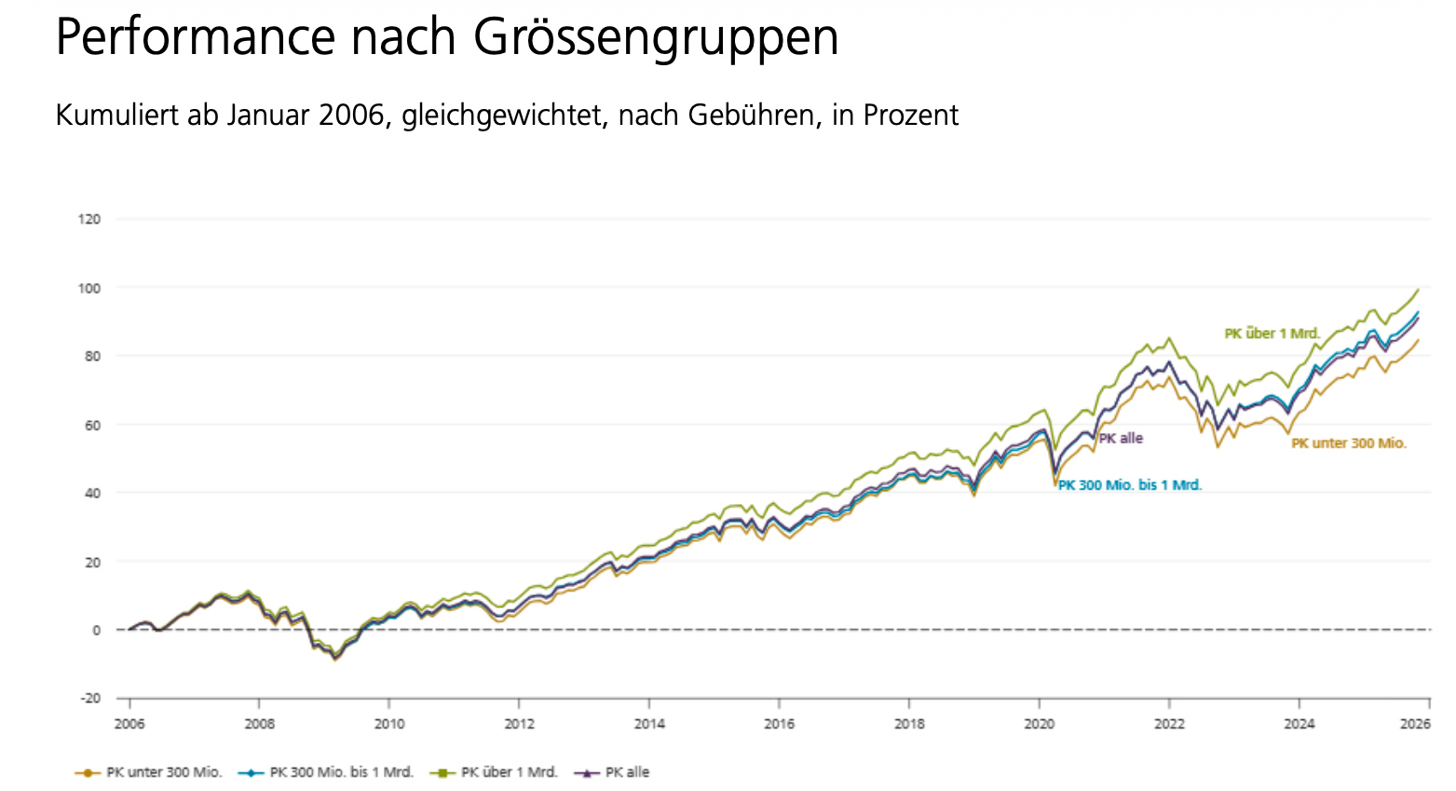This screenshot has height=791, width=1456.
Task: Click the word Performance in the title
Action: (x=194, y=37)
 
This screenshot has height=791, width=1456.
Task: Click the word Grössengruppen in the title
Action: (x=655, y=39)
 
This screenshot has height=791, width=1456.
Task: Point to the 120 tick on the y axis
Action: (x=90, y=219)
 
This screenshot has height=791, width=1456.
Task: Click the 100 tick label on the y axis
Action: (x=90, y=288)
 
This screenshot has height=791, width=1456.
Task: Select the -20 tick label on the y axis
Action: (x=90, y=699)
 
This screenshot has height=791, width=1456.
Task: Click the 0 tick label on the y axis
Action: (x=96, y=631)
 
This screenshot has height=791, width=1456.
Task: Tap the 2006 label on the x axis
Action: (x=129, y=724)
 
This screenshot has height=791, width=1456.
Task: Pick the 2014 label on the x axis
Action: (x=649, y=724)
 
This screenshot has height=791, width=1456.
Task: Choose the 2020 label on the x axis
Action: (x=1039, y=724)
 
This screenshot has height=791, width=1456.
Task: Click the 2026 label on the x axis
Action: (x=1416, y=724)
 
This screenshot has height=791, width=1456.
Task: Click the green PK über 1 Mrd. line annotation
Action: (x=1272, y=334)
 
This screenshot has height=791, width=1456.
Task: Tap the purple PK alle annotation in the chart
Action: (x=1121, y=438)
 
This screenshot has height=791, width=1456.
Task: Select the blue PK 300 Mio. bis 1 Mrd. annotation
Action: (x=1130, y=485)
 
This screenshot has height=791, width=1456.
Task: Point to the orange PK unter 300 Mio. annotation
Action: (x=1348, y=443)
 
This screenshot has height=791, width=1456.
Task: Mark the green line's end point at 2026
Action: (x=1418, y=290)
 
